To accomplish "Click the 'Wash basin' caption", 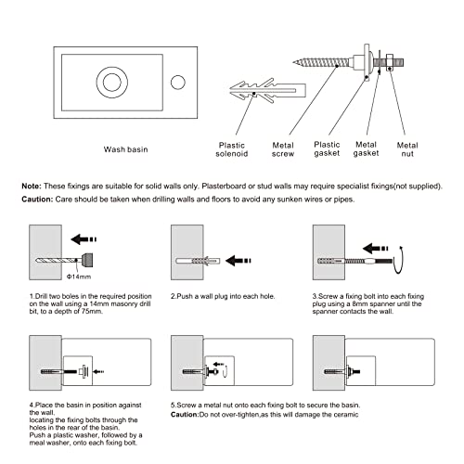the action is click(125, 149).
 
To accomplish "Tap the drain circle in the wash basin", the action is click(112, 83).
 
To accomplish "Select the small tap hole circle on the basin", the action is click(178, 83).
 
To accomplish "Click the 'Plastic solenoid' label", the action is click(232, 149).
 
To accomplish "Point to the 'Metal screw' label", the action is click(283, 149).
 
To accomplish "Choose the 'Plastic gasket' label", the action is click(327, 148).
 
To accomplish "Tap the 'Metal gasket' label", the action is click(366, 148).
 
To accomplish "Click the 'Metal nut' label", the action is click(407, 149).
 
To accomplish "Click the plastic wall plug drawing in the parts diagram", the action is click(267, 90).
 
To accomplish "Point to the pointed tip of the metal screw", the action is click(293, 63).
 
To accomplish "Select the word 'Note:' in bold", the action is click(32, 187).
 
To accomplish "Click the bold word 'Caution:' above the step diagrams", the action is click(37, 200).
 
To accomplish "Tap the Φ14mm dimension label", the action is click(79, 277).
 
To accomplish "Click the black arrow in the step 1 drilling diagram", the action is click(84, 239).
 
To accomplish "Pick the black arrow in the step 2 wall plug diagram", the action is click(238, 261).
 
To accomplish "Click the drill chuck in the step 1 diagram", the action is click(87, 260).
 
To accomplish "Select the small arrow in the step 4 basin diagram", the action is click(98, 371).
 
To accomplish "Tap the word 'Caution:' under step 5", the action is click(185, 415).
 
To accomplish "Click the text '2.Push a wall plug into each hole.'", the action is click(223, 296).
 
